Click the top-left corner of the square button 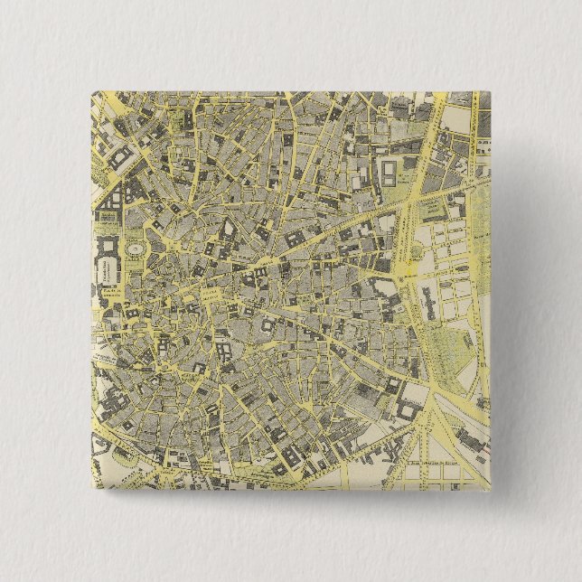92,91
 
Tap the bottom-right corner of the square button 490,490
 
